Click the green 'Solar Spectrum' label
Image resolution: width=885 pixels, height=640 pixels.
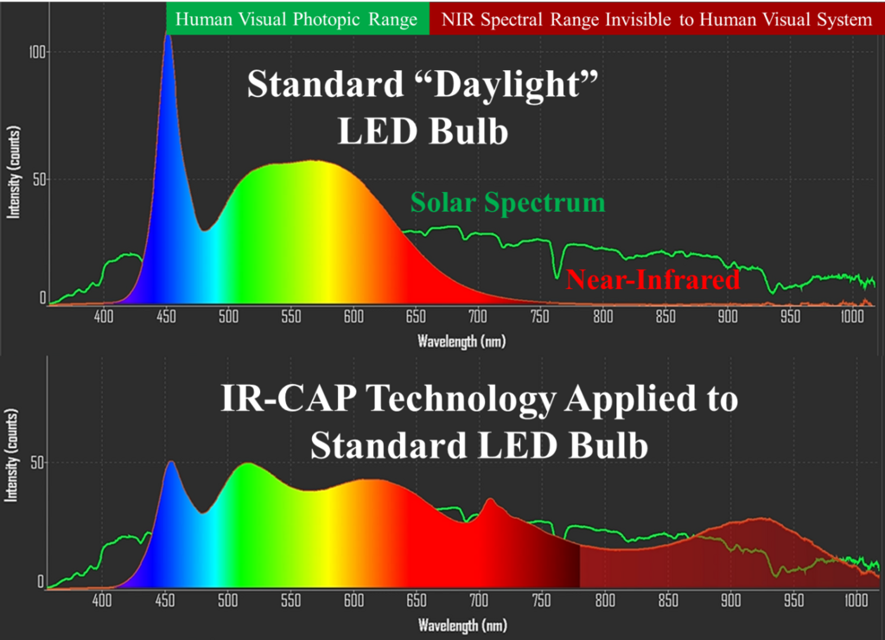coord(507,203)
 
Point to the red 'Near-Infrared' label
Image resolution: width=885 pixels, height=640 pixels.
coord(653,279)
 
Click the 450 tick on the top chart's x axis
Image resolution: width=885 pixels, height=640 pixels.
coord(166,317)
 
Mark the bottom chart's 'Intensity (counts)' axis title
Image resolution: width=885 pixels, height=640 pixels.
coord(13,454)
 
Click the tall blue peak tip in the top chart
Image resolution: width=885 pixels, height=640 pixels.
coord(168,36)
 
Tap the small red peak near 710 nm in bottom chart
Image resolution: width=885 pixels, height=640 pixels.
coord(491,499)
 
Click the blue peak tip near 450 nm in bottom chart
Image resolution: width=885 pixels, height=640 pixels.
coord(171,462)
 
